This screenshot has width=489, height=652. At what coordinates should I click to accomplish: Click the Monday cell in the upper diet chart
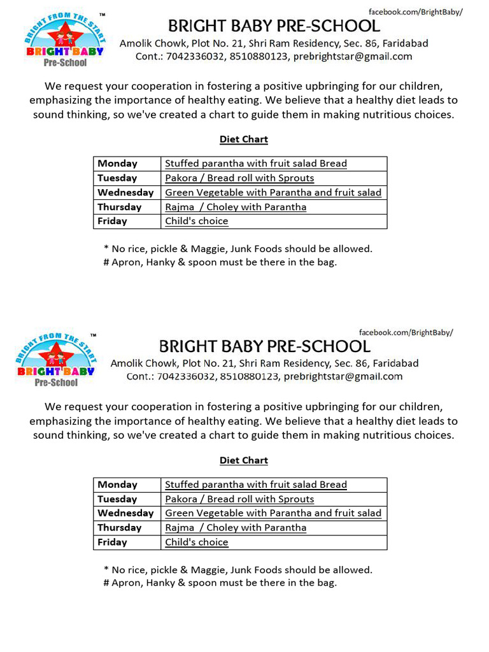click(117, 164)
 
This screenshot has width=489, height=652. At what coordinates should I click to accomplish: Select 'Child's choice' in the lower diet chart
click(196, 542)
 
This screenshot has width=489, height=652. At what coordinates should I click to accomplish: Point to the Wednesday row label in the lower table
click(125, 513)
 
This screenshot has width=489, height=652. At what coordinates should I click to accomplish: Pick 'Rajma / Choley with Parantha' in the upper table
click(236, 207)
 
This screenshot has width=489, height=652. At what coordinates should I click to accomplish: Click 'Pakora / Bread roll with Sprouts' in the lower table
click(239, 499)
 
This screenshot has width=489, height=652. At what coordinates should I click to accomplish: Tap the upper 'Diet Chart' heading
click(244, 139)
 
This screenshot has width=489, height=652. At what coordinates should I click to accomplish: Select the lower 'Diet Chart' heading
click(244, 460)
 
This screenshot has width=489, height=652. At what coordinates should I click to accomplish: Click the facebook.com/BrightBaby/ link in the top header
click(416, 12)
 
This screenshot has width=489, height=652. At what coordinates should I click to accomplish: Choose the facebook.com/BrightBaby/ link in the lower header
click(406, 332)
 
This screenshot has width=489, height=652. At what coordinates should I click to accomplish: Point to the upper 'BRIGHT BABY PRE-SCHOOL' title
click(274, 26)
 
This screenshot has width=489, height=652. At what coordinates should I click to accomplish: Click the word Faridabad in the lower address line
click(395, 364)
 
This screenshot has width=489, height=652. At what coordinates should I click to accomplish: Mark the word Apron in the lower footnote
click(125, 583)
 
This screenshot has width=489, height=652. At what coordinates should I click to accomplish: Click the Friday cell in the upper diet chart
click(112, 222)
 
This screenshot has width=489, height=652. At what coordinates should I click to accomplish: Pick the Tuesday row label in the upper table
click(117, 178)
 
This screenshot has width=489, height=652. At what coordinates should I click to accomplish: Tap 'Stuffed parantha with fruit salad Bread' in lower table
click(256, 485)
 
